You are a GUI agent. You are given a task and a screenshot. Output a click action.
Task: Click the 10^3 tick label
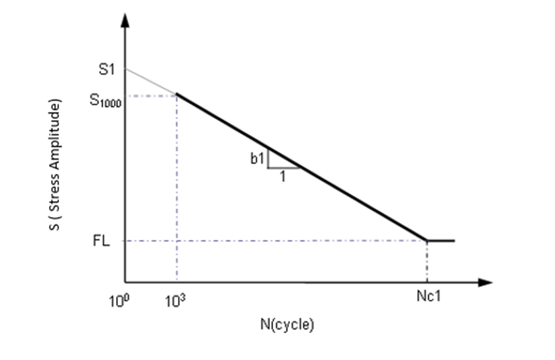pos(176,300)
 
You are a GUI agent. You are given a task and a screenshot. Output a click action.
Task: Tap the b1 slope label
pos(256,159)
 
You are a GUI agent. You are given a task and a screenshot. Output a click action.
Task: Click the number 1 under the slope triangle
pos(283,177)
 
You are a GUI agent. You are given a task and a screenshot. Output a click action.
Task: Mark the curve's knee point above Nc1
pos(427,240)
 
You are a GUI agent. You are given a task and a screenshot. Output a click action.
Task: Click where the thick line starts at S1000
pos(176,95)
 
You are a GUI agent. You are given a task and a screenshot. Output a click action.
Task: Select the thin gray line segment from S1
pos(151,82)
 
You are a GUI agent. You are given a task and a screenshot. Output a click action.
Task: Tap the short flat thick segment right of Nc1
pos(442,240)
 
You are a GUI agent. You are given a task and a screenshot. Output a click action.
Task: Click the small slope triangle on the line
pos(279,162)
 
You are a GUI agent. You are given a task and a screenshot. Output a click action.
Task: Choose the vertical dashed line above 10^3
pos(176,188)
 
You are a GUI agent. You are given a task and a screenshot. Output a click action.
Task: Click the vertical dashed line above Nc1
pos(427,262)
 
